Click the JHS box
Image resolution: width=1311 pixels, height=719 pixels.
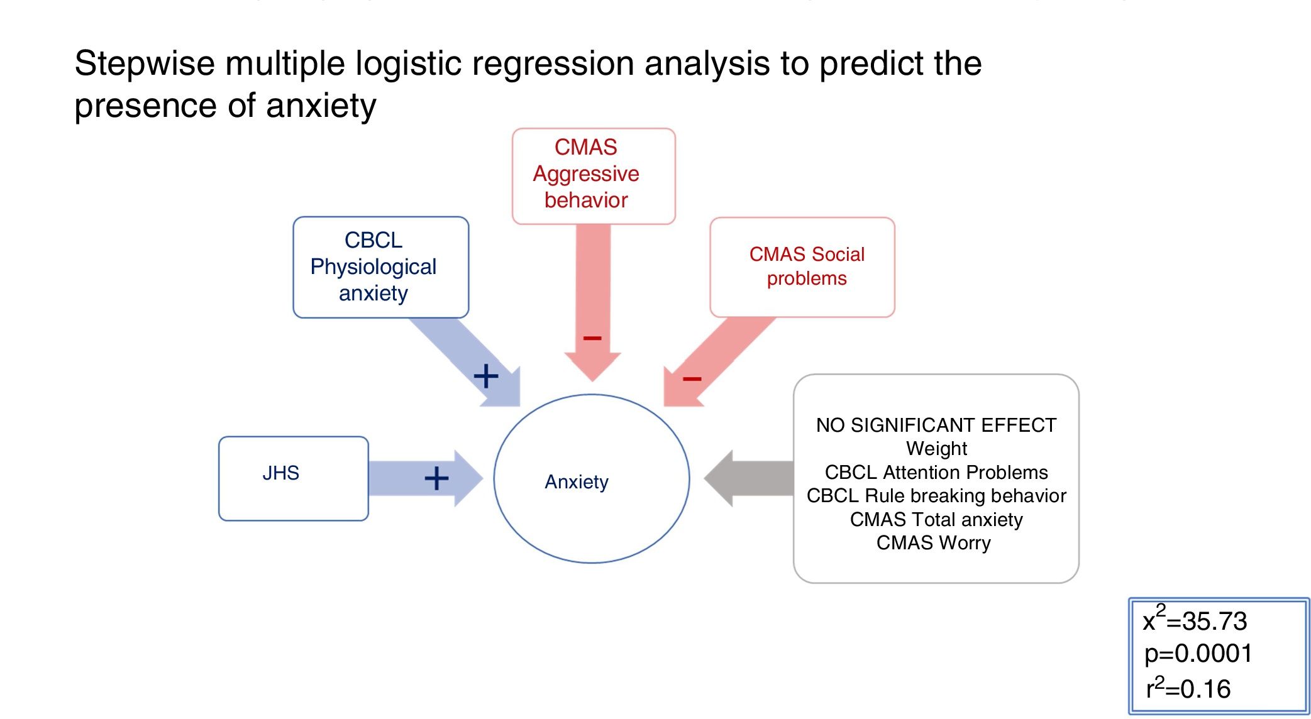pos(293,478)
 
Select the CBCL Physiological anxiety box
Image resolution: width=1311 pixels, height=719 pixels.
pos(380,267)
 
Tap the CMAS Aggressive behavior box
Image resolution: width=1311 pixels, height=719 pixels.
pos(593,175)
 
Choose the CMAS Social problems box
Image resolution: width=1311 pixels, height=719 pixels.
pos(802,266)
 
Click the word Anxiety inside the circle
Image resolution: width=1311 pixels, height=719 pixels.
pos(577,482)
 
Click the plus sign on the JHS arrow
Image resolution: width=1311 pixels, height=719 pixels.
pos(436,478)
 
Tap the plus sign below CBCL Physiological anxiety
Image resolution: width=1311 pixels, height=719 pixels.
pos(485,376)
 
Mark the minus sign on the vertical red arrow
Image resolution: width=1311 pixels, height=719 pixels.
pos(592,338)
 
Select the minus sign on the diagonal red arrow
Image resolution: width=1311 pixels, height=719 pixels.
pos(692,378)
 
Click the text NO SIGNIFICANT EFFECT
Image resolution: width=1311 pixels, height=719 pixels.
pos(936,425)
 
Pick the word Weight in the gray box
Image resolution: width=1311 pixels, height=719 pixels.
pos(936,449)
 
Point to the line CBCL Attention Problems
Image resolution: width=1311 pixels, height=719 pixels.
pos(936,473)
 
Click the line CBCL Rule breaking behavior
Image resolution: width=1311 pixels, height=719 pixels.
pos(936,496)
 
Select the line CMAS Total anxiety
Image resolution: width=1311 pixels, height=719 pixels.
pos(936,520)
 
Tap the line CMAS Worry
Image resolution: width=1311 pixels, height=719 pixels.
pos(933,543)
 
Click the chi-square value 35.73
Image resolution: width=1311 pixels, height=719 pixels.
pos(1214,622)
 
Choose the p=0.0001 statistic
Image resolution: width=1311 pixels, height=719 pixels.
pos(1198,654)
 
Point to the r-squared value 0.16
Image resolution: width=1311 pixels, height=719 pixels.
pos(1205,689)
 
